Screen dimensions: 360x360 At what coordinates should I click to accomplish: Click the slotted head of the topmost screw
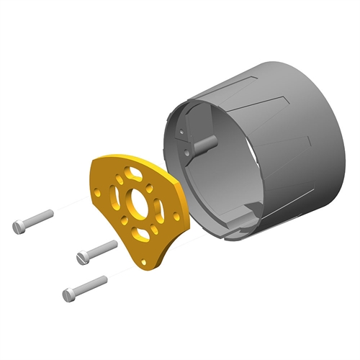pos(19,227)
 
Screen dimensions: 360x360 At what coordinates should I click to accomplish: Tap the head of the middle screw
pos(82,257)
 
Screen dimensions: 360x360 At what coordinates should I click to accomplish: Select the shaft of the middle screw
pos(102,248)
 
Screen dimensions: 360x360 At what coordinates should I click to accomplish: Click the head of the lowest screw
pos(68,294)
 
